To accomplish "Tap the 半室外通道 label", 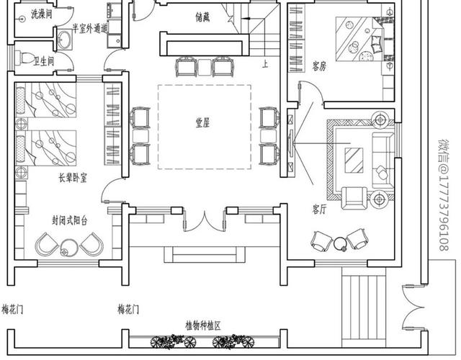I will (x=89, y=29).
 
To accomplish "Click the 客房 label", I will (x=319, y=66).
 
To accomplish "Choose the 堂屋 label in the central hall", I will (x=202, y=123).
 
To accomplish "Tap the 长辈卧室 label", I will (x=72, y=176).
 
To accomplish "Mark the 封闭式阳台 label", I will (x=70, y=220).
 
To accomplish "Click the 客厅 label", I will (x=320, y=209).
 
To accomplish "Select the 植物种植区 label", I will (x=202, y=325).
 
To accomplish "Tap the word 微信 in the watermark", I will (x=444, y=151).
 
